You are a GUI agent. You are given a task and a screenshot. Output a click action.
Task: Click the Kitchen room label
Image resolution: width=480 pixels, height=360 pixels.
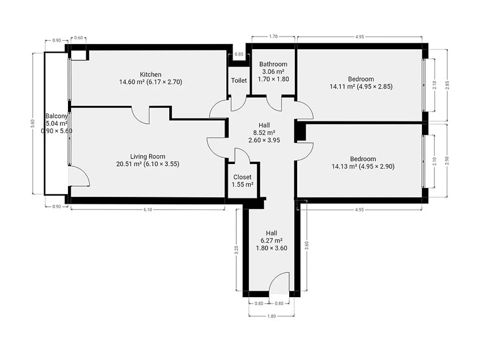coord(150,75)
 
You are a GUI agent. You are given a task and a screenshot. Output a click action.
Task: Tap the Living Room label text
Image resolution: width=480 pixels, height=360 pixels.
coord(148,157)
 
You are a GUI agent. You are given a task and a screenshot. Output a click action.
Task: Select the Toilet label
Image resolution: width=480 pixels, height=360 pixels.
coord(239,80)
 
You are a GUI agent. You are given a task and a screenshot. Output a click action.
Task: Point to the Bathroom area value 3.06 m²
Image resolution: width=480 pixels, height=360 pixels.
coord(273,72)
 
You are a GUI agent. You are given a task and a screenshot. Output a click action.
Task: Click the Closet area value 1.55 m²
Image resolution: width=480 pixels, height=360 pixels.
coord(242,185)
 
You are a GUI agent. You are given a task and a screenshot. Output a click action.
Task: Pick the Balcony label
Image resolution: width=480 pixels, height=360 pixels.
coord(56,116)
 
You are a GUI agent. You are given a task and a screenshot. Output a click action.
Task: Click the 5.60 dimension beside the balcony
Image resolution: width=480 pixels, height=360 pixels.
coord(33,123)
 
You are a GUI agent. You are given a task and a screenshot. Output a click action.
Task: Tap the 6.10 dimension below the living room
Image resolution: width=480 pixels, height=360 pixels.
coord(148,210)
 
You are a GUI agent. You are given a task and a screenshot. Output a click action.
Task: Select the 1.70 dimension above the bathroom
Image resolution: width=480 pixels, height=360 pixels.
coord(273,37)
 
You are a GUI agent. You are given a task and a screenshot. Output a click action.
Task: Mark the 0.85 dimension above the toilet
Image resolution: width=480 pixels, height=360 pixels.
coord(239,54)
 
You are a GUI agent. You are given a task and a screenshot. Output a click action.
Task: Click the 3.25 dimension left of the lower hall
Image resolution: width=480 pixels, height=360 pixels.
coord(236,250)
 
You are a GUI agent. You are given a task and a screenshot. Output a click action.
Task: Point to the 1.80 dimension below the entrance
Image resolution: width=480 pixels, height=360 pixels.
coord(271,316)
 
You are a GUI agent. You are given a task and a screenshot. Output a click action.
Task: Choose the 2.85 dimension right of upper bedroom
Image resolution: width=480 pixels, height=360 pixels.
coord(447,85)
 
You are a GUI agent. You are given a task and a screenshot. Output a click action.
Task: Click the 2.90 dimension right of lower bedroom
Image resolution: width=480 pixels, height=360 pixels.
coord(447,161)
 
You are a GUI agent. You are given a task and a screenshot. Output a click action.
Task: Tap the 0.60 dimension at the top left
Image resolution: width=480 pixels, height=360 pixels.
coord(79,38)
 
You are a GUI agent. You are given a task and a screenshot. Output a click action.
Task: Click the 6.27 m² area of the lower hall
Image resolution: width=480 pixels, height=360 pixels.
coord(271,240)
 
